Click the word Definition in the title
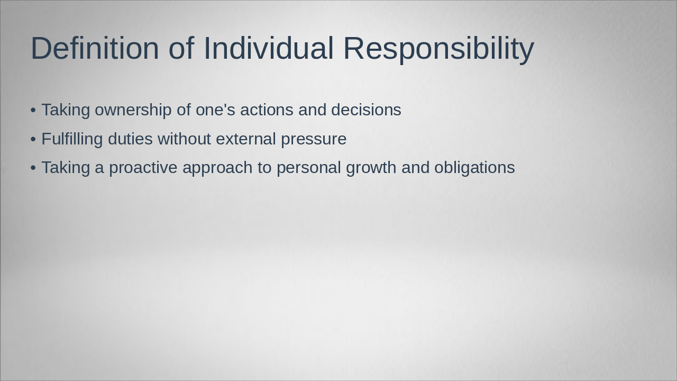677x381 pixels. click(95, 48)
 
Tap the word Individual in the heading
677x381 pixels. click(268, 48)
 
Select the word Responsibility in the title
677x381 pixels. click(438, 48)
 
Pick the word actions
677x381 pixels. click(267, 110)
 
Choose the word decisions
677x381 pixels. click(366, 110)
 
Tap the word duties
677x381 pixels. click(130, 139)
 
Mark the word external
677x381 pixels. click(246, 139)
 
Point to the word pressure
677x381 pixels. click(314, 139)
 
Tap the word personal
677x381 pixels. click(309, 168)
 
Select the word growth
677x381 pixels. click(371, 168)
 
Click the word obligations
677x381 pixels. click(474, 168)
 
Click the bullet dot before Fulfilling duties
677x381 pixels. click(33, 139)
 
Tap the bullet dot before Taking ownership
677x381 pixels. click(33, 110)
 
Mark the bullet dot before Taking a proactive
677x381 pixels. click(33, 168)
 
